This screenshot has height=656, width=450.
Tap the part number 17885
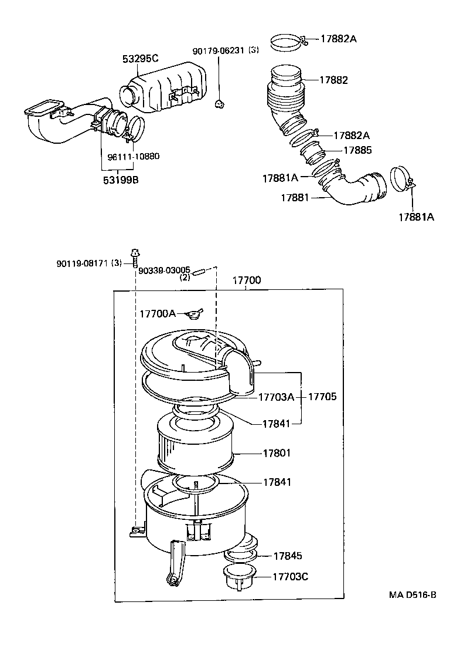pyautogui.click(x=357, y=150)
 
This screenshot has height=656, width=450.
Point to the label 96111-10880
pyautogui.click(x=134, y=157)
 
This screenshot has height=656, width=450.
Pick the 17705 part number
pyautogui.click(x=322, y=397)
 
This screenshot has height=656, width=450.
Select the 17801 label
pyautogui.click(x=277, y=453)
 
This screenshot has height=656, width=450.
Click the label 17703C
pyautogui.click(x=290, y=576)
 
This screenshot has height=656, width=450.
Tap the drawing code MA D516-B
pyautogui.click(x=412, y=594)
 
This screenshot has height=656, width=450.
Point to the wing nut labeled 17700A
pyautogui.click(x=193, y=314)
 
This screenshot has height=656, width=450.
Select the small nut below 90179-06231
pyautogui.click(x=220, y=104)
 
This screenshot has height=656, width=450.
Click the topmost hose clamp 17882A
pyautogui.click(x=289, y=42)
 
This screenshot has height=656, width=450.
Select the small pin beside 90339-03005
pyautogui.click(x=199, y=270)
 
